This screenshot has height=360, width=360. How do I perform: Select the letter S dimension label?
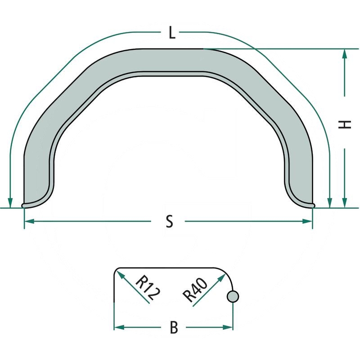pyautogui.click(x=169, y=221)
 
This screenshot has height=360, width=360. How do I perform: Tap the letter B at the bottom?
pyautogui.click(x=174, y=328)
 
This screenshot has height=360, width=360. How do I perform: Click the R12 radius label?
pyautogui.click(x=147, y=288)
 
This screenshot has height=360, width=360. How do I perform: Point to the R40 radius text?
pyautogui.click(x=195, y=291)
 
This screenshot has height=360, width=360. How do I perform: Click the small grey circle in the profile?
pyautogui.click(x=233, y=296)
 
